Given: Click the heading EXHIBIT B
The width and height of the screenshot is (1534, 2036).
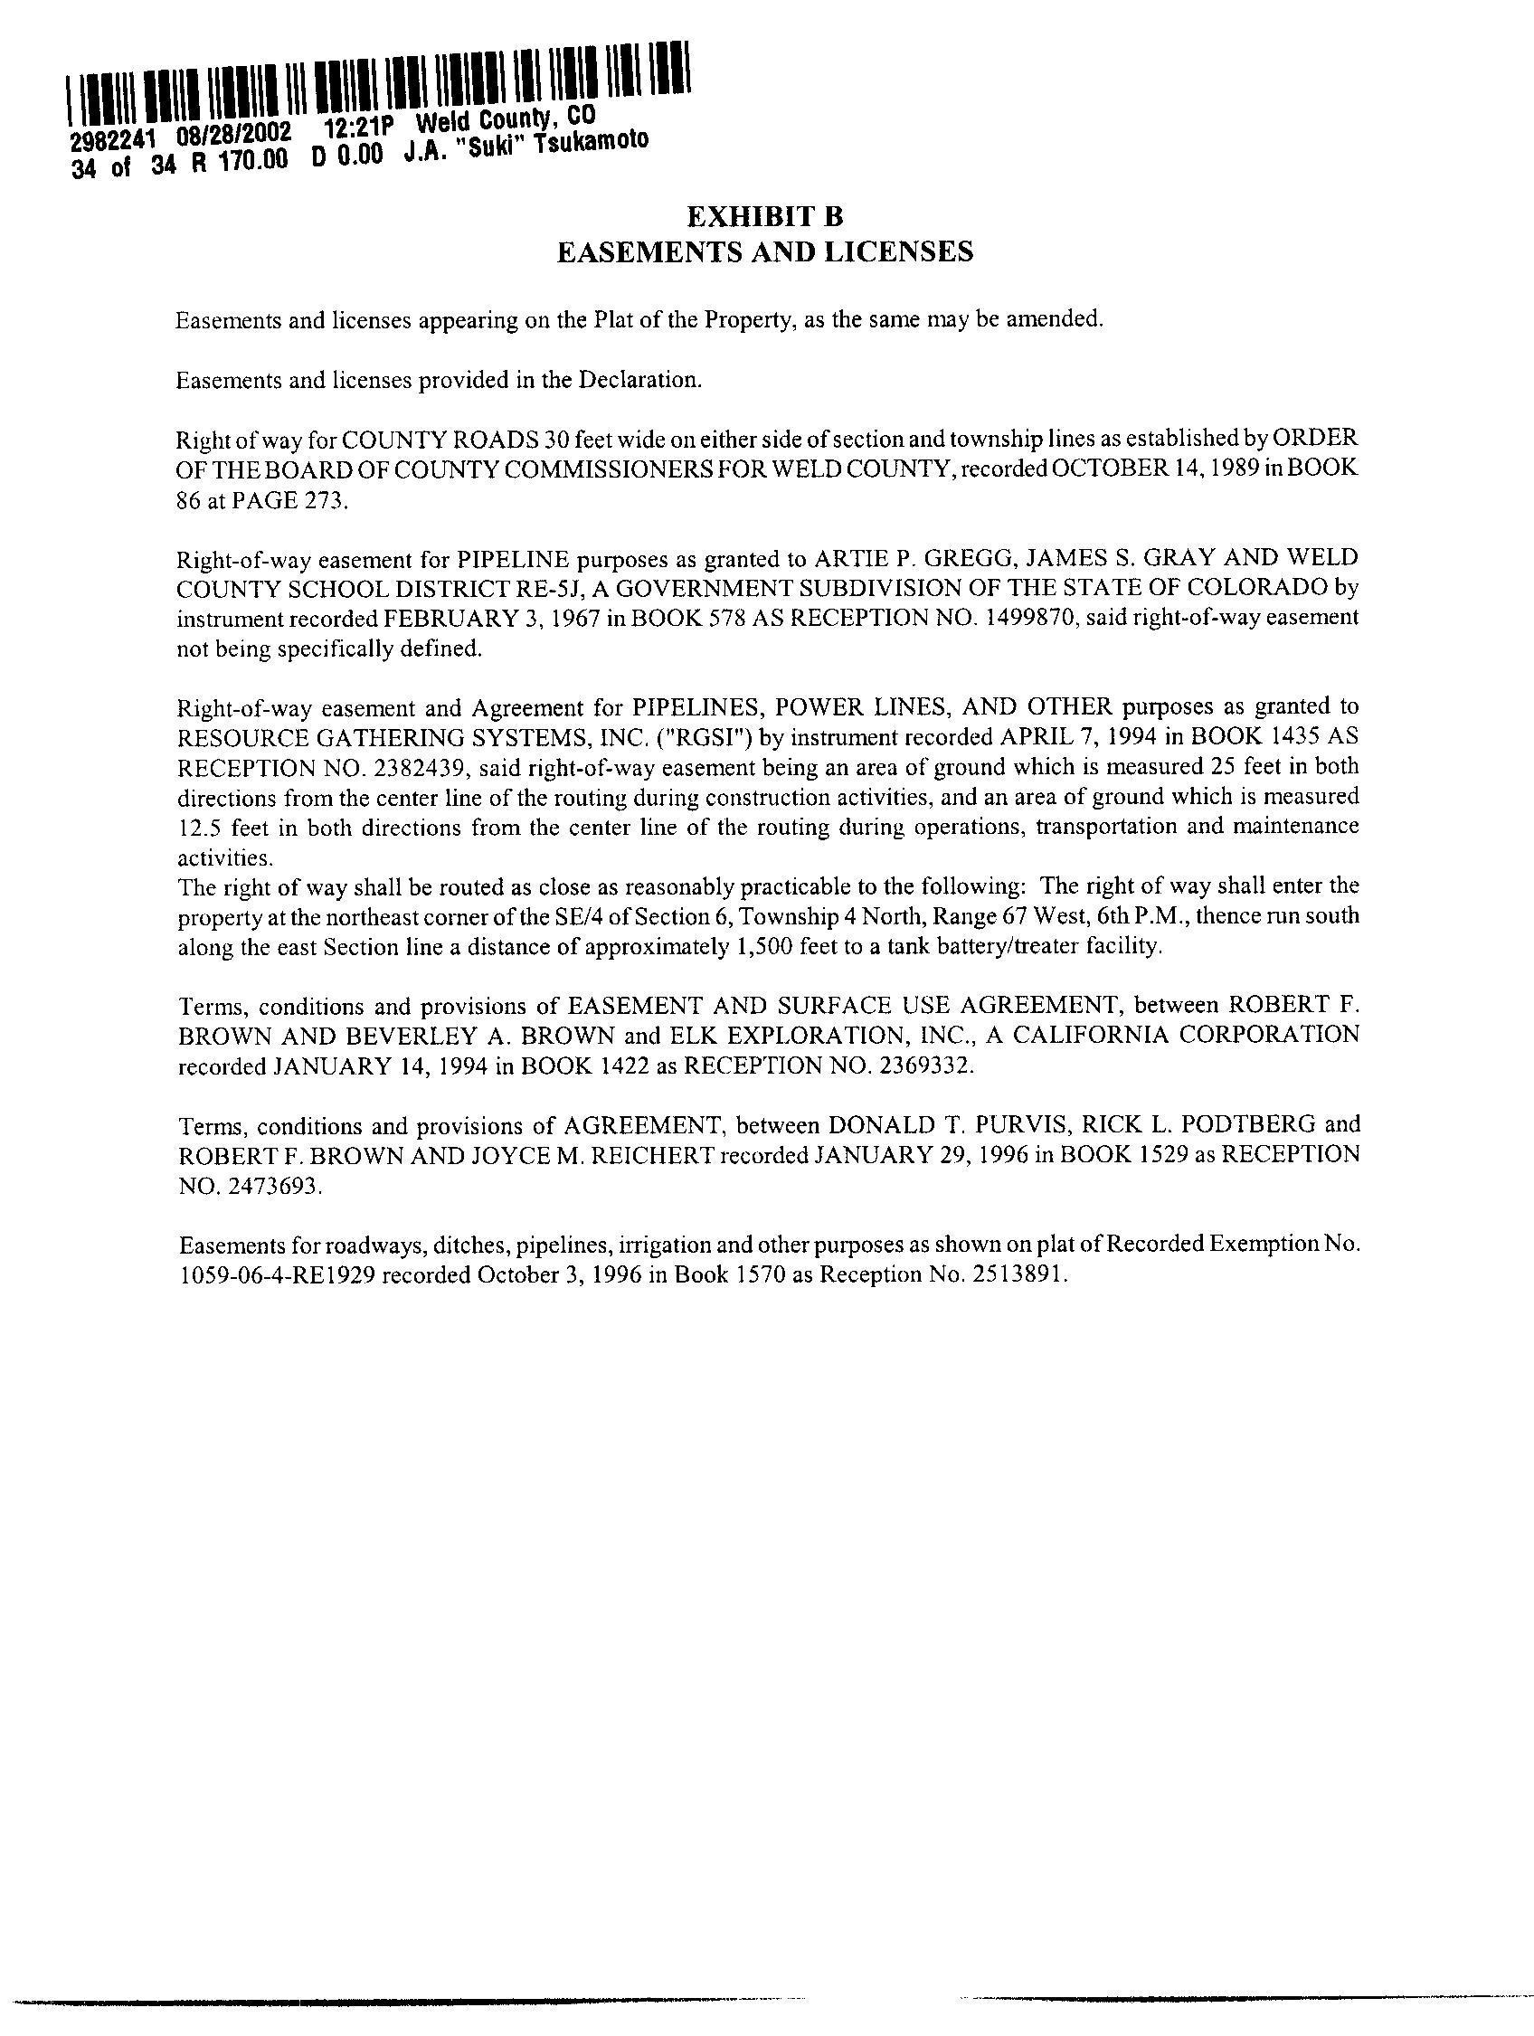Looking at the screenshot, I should pyautogui.click(x=764, y=217).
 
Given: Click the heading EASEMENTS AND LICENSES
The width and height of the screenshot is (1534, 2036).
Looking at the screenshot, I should pyautogui.click(x=764, y=251).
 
